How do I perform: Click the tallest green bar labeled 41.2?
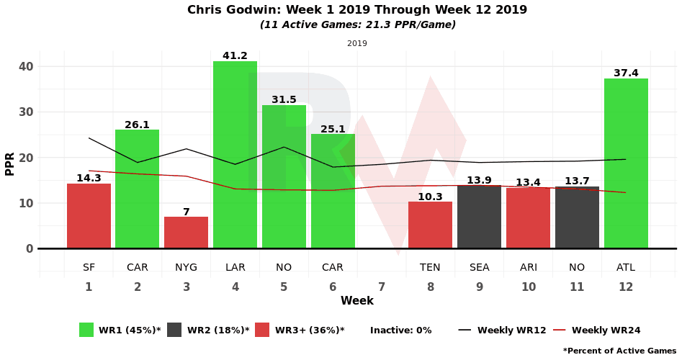point(235,155)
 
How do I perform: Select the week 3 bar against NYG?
point(186,233)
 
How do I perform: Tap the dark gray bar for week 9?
point(479,217)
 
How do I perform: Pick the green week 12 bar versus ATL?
point(626,163)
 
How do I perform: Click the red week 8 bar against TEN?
point(430,225)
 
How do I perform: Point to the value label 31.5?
point(284,99)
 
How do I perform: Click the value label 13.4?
point(528,182)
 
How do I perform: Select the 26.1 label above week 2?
point(137,125)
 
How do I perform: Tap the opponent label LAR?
point(235,267)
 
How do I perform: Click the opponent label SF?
point(89,267)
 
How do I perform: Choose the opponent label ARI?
point(528,267)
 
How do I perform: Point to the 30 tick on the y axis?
point(25,112)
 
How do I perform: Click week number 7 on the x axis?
point(382,287)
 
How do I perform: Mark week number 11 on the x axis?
point(577,287)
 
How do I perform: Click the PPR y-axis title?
point(10,163)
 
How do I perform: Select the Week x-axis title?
point(357,301)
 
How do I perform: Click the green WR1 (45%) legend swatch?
point(86,330)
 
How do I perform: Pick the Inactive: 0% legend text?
point(400,330)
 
